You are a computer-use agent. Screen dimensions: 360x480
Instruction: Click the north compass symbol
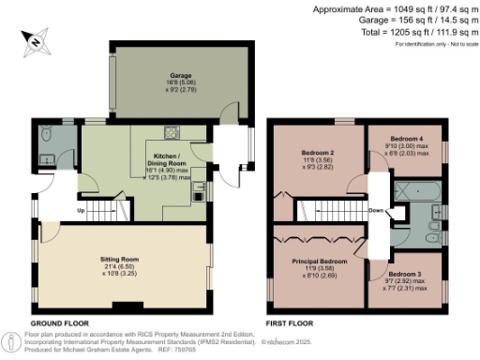tap(35, 39)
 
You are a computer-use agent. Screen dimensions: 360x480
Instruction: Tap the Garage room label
tap(180, 74)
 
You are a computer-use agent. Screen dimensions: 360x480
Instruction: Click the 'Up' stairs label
tap(80, 210)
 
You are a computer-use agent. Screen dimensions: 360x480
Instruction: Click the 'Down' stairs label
tap(376, 210)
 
